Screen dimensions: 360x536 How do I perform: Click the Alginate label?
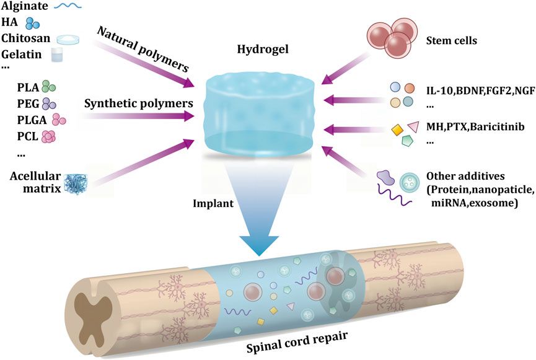coord(24,7)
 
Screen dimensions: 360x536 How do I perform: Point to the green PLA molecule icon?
coord(48,88)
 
